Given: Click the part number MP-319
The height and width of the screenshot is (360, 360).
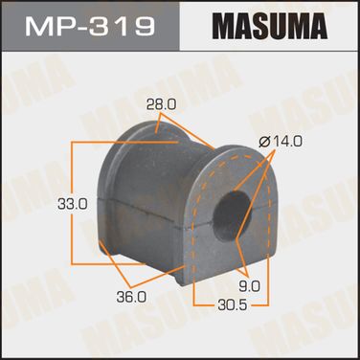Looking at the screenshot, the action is pyautogui.click(x=90, y=26).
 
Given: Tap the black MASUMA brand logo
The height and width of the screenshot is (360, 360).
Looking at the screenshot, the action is pyautogui.click(x=270, y=25).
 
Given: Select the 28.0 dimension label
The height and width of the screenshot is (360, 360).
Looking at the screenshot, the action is pyautogui.click(x=161, y=104).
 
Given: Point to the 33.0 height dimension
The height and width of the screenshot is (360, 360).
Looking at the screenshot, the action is pyautogui.click(x=73, y=204).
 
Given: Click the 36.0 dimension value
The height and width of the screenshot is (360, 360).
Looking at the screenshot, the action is pyautogui.click(x=131, y=298).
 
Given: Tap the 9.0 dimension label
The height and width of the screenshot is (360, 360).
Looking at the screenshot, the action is pyautogui.click(x=250, y=286).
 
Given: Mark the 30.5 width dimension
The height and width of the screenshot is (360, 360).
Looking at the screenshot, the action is pyautogui.click(x=233, y=305).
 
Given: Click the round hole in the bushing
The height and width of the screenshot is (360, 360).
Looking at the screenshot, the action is pyautogui.click(x=232, y=216).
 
